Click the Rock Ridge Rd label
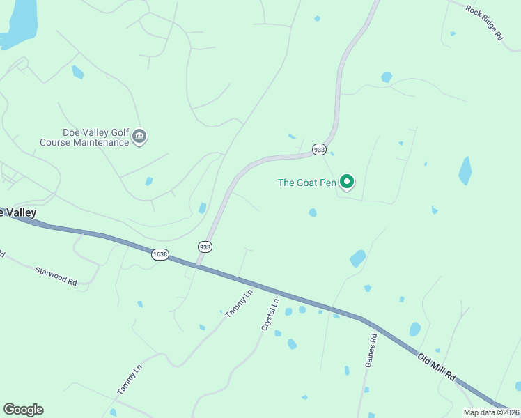tap(484, 23)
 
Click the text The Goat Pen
tap(307, 183)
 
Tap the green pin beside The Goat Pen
tap(347, 182)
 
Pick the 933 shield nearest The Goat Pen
tap(319, 149)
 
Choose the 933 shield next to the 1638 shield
tap(205, 247)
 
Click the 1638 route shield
tap(160, 254)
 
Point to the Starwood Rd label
tap(55, 274)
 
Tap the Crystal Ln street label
tap(270, 315)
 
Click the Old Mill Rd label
tap(437, 366)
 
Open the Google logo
tap(23, 410)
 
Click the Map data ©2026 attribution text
tap(491, 412)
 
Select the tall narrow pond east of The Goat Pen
tap(465, 171)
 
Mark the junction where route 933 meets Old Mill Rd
tap(197, 265)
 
